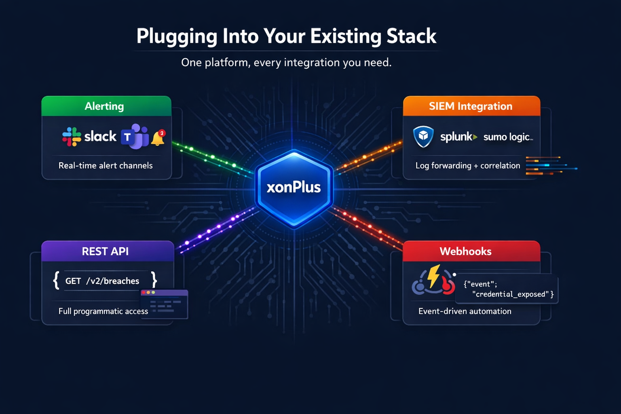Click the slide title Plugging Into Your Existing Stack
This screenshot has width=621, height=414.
[286, 36]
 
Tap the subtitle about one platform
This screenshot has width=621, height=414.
[286, 63]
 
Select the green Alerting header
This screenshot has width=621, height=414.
[106, 106]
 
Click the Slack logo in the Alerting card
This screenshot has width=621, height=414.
[89, 137]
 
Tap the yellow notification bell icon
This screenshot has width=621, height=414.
[158, 138]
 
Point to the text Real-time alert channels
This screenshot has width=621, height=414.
[106, 165]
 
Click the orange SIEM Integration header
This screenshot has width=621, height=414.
[471, 106]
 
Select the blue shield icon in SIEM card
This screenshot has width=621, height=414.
[423, 136]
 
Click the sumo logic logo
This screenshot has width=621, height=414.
[508, 137]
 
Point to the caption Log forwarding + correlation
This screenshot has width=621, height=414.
[468, 165]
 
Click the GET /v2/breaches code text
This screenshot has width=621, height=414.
[102, 281]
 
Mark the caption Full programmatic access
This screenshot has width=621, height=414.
[103, 311]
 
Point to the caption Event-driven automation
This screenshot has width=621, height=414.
[465, 311]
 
